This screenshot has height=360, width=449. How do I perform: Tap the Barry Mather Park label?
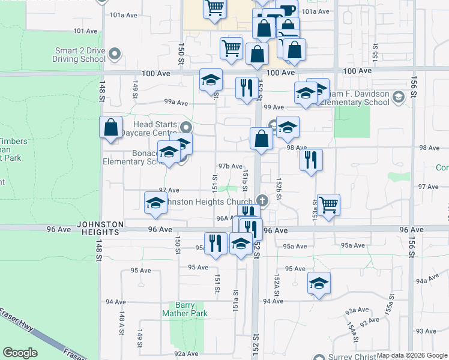(x=185, y=309)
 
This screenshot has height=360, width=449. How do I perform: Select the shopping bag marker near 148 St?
(x=110, y=127)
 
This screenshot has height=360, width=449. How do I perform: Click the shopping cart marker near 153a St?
(x=328, y=205)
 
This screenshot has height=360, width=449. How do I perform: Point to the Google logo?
(x=20, y=353)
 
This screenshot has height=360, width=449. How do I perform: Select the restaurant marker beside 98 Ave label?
(x=311, y=160)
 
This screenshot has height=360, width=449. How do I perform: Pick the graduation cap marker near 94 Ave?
(x=319, y=283)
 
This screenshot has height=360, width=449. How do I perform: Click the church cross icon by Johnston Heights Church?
(x=261, y=200)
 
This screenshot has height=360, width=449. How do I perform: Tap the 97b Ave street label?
(x=231, y=166)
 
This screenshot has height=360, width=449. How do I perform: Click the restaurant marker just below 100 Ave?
(x=247, y=88)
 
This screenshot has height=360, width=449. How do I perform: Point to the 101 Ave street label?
(x=85, y=31)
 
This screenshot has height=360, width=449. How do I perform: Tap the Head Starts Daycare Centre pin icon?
(x=186, y=127)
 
